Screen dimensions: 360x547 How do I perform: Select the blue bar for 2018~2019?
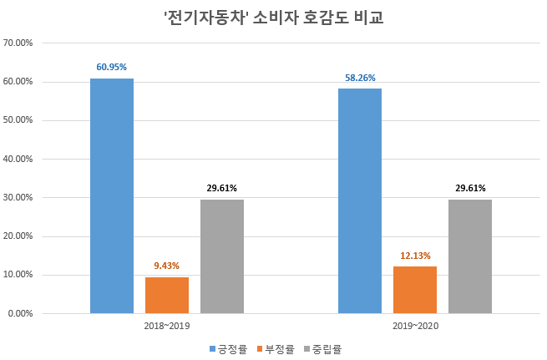click(x=112, y=196)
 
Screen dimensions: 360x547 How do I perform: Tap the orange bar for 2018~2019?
click(x=167, y=295)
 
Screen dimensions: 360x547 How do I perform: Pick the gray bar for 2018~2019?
click(x=222, y=256)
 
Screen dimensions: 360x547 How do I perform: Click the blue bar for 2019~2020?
click(x=360, y=201)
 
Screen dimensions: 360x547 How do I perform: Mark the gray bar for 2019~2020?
click(x=470, y=256)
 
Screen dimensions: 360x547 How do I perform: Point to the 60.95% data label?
click(x=112, y=67)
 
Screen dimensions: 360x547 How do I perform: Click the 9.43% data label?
click(x=167, y=266)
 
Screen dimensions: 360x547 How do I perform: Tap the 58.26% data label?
click(x=360, y=78)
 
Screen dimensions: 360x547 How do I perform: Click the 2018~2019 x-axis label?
click(x=167, y=325)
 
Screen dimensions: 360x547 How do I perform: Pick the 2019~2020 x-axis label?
click(x=415, y=325)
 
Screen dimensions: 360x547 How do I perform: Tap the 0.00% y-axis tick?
click(x=20, y=313)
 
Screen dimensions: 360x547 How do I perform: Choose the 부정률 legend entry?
click(x=275, y=349)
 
